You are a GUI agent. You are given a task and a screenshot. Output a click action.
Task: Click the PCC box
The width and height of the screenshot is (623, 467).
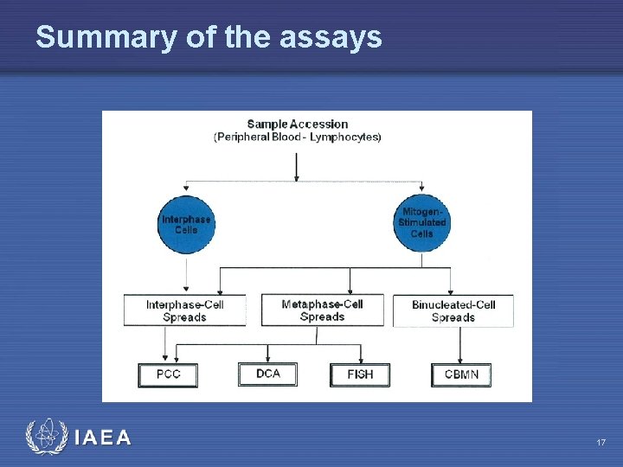click(168, 374)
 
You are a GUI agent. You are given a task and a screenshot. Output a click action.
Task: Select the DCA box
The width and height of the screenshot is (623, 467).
click(267, 374)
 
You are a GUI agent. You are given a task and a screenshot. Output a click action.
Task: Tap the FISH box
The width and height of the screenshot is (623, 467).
click(360, 374)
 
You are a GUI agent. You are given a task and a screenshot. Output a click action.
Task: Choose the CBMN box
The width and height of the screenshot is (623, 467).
click(460, 374)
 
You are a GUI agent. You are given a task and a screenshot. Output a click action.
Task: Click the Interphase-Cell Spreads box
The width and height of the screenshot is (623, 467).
click(184, 310)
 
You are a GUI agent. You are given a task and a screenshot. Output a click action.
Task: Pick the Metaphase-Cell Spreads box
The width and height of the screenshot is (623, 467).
click(322, 310)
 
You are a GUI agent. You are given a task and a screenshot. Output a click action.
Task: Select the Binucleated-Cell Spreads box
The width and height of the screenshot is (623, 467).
click(453, 310)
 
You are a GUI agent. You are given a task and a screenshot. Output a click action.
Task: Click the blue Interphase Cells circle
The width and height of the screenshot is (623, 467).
click(186, 224)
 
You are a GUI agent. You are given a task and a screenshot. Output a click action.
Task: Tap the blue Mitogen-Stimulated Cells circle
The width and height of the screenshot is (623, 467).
click(422, 223)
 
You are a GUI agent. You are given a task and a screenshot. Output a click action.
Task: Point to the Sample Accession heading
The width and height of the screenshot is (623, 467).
click(297, 125)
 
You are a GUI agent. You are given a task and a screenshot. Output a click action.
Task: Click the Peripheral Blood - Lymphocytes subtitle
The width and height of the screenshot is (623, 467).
click(297, 138)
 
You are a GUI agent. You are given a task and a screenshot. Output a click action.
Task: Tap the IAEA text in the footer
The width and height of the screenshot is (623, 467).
click(103, 438)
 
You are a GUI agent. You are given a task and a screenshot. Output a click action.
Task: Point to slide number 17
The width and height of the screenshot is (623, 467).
click(601, 443)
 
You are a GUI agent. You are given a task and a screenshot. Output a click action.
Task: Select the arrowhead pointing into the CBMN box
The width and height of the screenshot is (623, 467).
click(460, 359)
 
